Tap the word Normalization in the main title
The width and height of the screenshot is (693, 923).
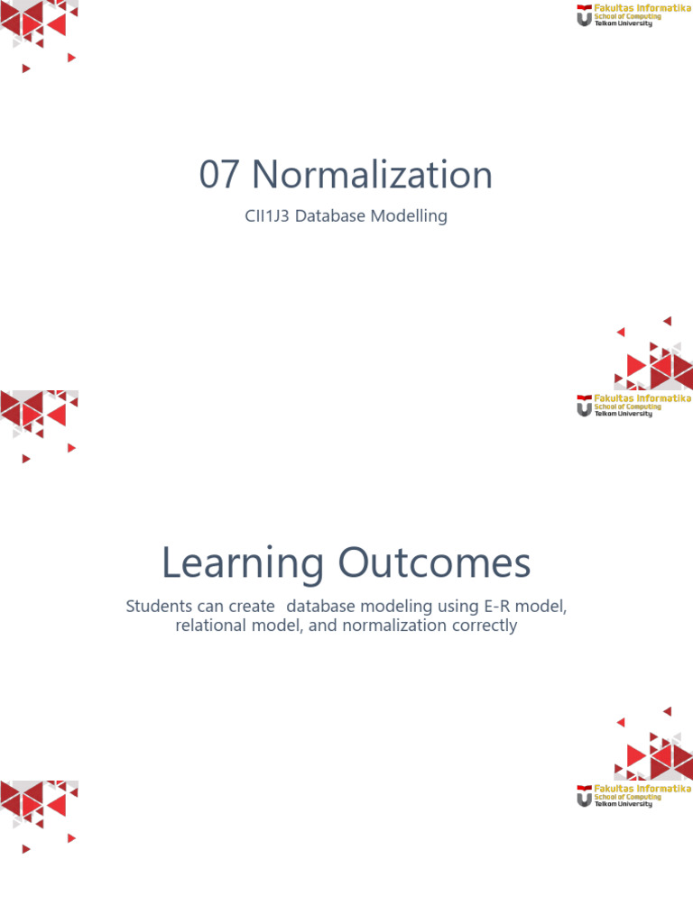tap(372, 175)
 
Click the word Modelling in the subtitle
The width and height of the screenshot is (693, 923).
tap(411, 216)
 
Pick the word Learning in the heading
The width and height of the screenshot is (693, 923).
tap(242, 564)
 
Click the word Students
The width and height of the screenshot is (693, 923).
tap(159, 607)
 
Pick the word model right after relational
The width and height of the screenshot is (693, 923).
tap(277, 626)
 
